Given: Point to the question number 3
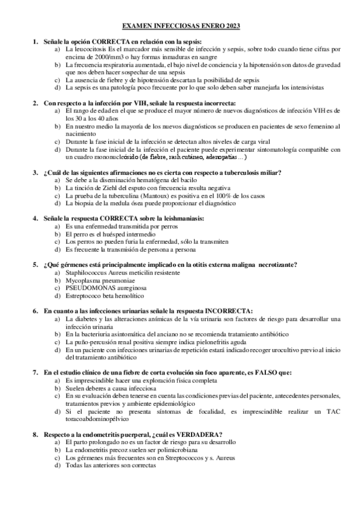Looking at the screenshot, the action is pyautogui.click(x=35, y=172).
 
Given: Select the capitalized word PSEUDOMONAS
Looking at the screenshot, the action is pyautogui.click(x=88, y=289).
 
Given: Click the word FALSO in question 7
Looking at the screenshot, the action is pyautogui.click(x=226, y=373).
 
